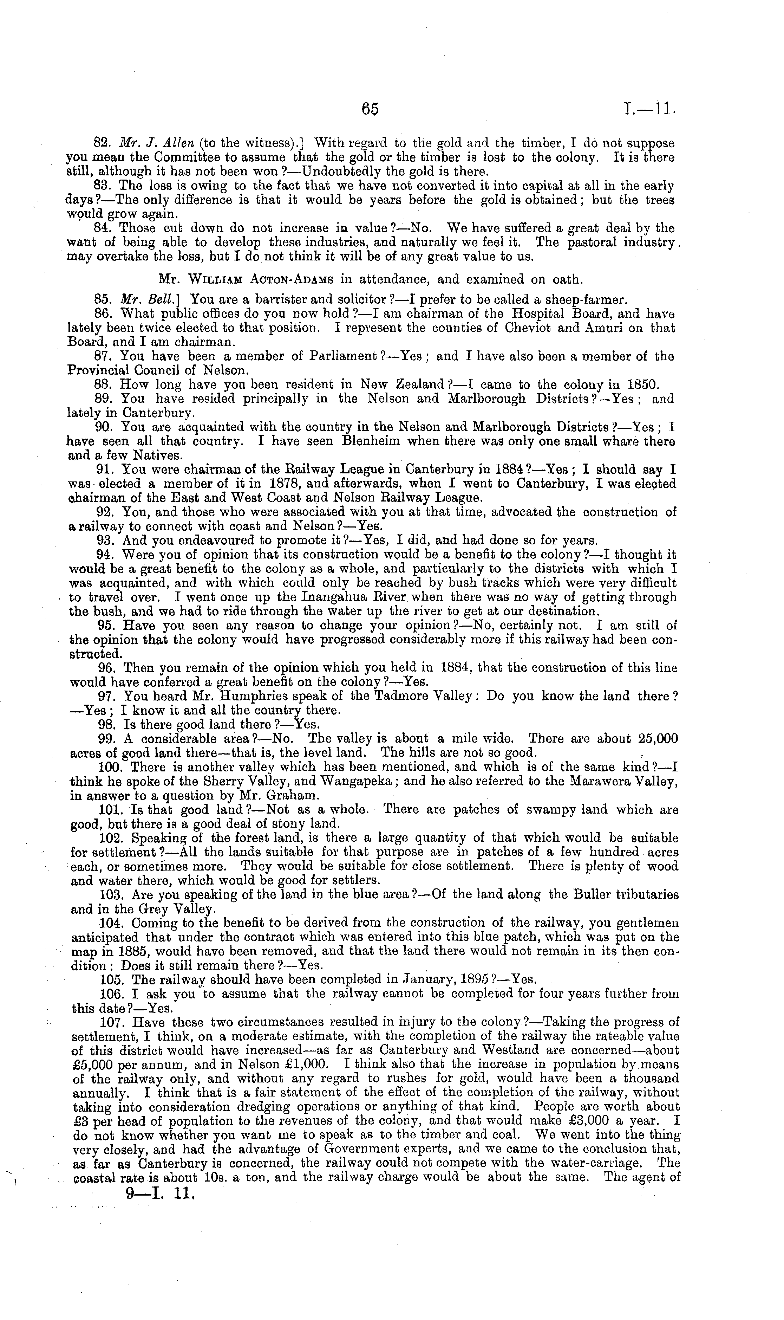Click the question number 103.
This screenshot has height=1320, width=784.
pyautogui.click(x=111, y=895)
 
